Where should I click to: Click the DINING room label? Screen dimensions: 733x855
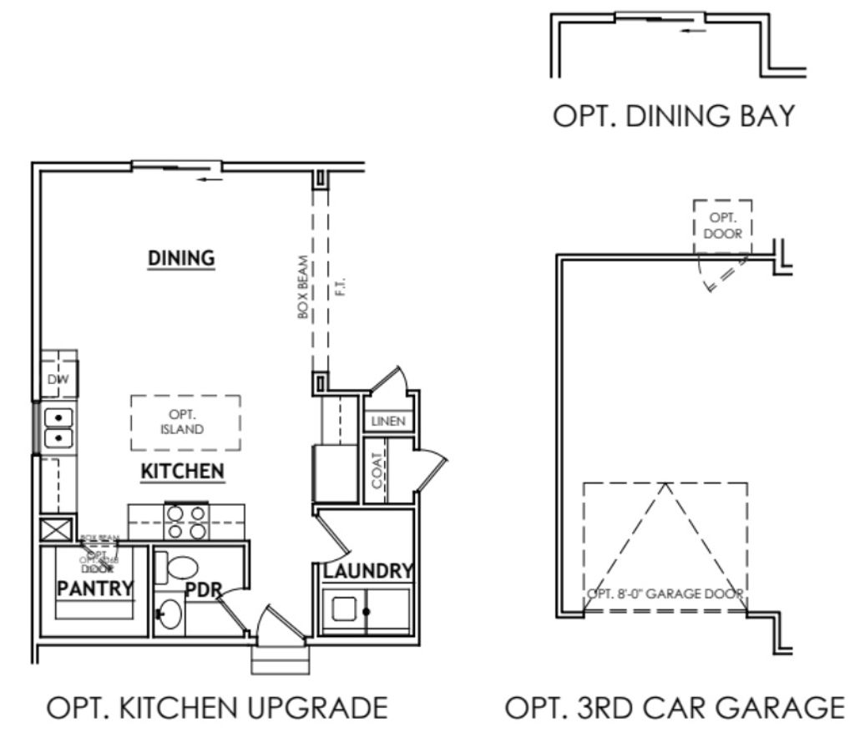181,259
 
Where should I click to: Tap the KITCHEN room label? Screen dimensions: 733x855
182,472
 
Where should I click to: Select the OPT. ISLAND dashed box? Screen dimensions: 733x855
185,422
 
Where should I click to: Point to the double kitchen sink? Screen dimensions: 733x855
58,427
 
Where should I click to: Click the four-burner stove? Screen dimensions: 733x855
185,522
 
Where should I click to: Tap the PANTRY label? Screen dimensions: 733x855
94,588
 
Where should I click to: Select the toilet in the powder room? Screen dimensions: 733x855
179,569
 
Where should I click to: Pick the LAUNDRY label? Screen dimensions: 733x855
368,571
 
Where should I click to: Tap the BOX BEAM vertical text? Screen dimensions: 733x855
303,286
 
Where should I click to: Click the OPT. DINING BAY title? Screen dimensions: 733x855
674,117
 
